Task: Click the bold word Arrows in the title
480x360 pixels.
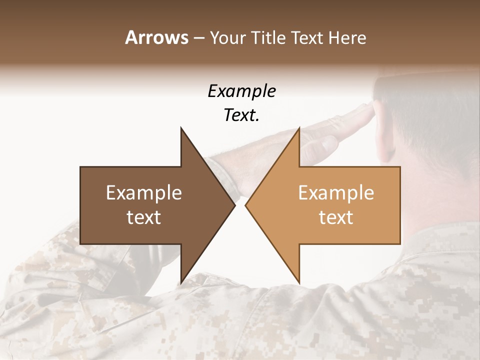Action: (156, 37)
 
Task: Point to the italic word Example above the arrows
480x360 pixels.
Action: (242, 91)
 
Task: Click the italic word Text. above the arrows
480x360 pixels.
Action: (242, 115)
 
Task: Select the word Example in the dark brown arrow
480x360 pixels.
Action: (144, 193)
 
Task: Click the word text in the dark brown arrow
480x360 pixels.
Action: (144, 217)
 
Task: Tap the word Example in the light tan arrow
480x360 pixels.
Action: (336, 193)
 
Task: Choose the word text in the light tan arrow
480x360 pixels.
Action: (336, 217)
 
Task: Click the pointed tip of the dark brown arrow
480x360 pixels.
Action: (234, 205)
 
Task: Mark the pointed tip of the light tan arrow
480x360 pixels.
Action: (246, 205)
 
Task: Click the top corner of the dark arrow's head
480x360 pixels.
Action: (181, 128)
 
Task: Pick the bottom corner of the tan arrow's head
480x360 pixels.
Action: (299, 283)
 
